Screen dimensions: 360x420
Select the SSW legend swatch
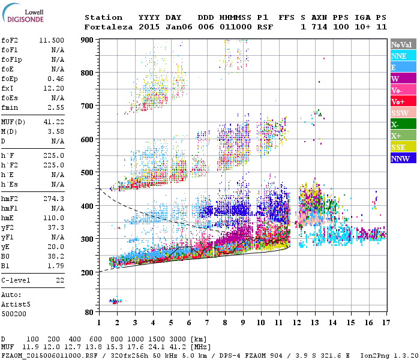(401, 113)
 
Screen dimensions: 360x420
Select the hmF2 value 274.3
(55, 199)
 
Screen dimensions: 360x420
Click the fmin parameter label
(10, 107)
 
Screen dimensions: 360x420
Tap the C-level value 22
(60, 280)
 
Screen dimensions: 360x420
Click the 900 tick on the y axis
(88, 40)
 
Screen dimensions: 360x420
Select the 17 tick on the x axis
(385, 323)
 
